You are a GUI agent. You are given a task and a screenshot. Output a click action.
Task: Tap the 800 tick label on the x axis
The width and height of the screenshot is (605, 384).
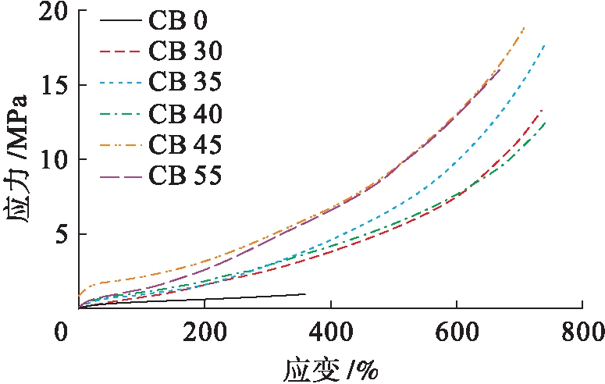tap(582, 332)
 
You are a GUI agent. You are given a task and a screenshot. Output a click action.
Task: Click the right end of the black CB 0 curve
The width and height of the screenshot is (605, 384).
tap(305, 294)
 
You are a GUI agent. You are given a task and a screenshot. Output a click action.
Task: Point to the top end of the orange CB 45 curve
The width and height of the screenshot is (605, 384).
tap(524, 27)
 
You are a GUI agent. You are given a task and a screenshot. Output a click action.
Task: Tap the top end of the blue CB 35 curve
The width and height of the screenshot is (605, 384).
tap(544, 46)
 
